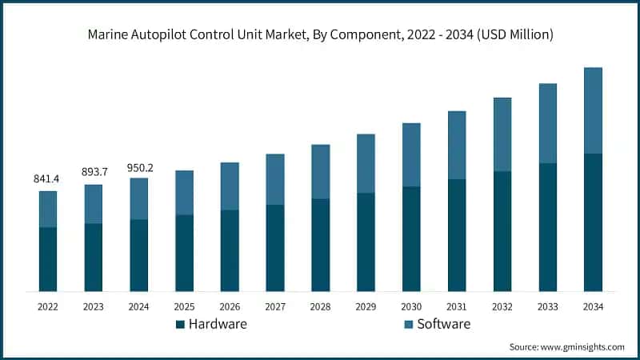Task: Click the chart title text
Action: point(320,34)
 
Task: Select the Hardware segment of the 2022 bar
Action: point(48,259)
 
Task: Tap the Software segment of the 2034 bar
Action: point(593,110)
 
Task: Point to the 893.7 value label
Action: point(94,173)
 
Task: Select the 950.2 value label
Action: point(139,167)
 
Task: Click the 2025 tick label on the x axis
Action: point(185,306)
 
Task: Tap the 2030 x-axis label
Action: point(411,306)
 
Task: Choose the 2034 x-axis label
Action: point(593,306)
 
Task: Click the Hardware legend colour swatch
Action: point(180,324)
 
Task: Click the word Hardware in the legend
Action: point(218,324)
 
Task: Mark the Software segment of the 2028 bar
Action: point(321,171)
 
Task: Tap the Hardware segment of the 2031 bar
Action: point(457,234)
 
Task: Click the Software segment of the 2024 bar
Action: point(139,198)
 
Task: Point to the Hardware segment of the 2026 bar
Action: point(230,250)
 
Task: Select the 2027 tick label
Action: point(275,306)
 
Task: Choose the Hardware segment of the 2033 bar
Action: point(547,227)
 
